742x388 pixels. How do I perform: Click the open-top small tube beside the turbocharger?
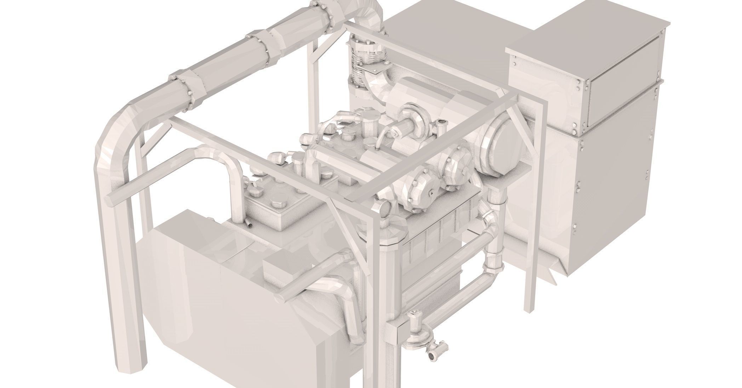coord(441,124)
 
